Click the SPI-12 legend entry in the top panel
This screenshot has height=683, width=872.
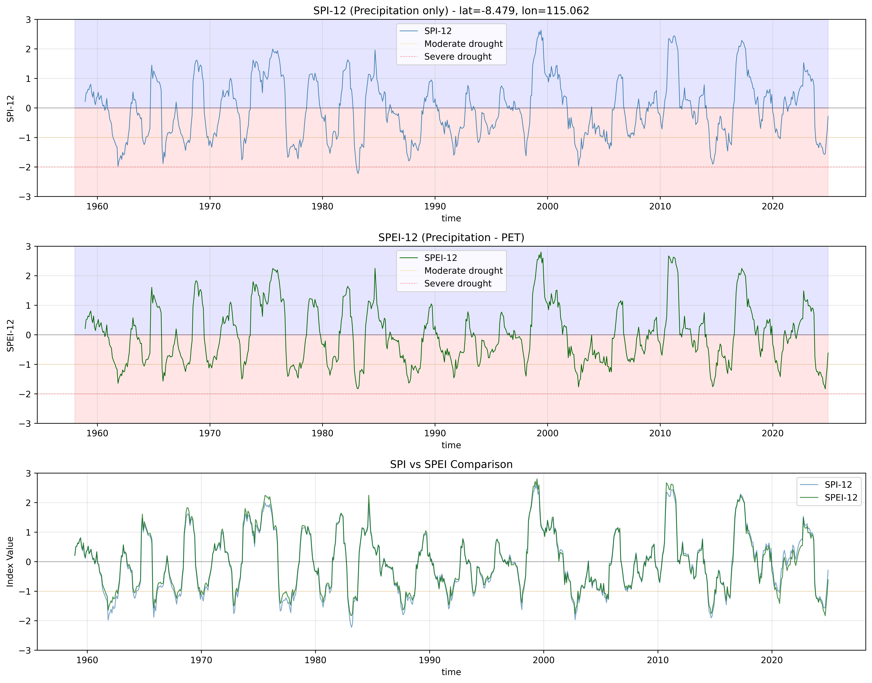[438, 31]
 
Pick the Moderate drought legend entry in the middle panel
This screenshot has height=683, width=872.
[463, 271]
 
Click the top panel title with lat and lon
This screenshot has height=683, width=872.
[451, 11]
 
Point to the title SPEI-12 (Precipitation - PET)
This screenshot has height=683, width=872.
[451, 238]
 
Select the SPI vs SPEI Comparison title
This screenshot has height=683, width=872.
[451, 464]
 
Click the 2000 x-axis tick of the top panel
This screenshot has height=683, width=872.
[547, 206]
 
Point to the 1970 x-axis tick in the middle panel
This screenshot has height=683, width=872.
[210, 433]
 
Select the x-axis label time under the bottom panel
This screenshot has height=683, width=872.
[451, 672]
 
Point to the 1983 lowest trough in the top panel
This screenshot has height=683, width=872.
[358, 173]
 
